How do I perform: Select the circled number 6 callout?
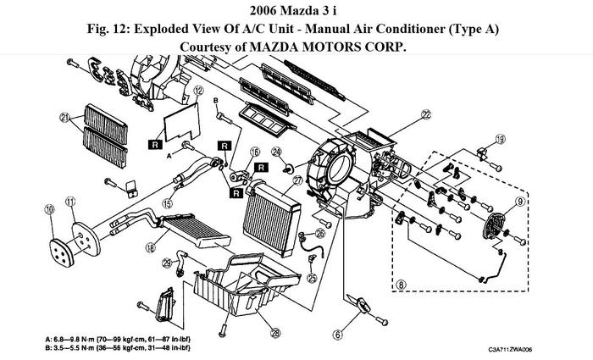coord(337,333)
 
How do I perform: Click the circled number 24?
coord(276,152)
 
